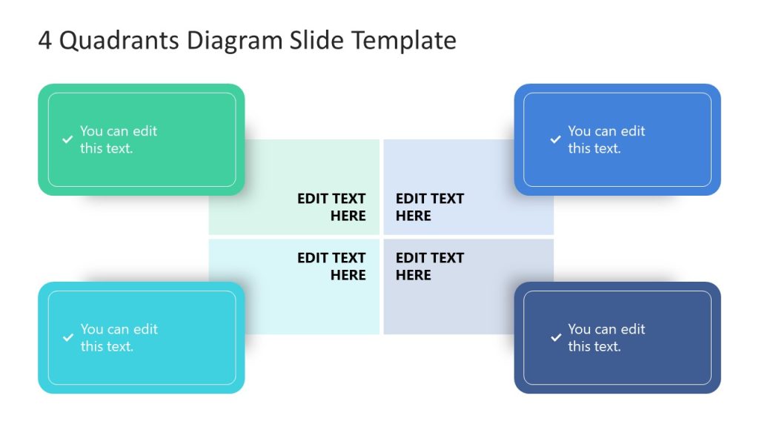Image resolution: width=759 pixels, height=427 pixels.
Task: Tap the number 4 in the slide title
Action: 45,41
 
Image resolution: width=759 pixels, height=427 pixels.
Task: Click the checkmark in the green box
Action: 67,139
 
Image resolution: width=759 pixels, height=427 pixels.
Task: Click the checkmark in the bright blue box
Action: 555,139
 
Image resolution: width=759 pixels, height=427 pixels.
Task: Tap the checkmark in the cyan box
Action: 67,337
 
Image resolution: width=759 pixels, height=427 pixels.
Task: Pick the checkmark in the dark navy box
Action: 555,337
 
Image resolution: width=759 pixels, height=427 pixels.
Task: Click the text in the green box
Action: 119,139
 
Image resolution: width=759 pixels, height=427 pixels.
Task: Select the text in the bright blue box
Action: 606,139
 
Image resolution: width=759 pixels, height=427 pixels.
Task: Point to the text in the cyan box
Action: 119,337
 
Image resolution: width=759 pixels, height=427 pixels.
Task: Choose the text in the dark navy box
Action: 606,337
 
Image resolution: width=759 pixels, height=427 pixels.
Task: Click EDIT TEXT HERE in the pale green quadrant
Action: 331,208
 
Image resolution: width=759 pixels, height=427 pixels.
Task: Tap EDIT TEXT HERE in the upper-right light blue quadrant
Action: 429,208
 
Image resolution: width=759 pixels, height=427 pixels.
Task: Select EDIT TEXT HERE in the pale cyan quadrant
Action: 331,267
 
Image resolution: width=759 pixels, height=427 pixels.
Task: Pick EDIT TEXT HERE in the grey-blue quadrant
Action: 429,267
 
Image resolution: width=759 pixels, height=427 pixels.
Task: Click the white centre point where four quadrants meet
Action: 381,237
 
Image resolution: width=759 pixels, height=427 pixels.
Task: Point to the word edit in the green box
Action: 145,131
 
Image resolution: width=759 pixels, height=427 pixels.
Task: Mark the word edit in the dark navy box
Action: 633,329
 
